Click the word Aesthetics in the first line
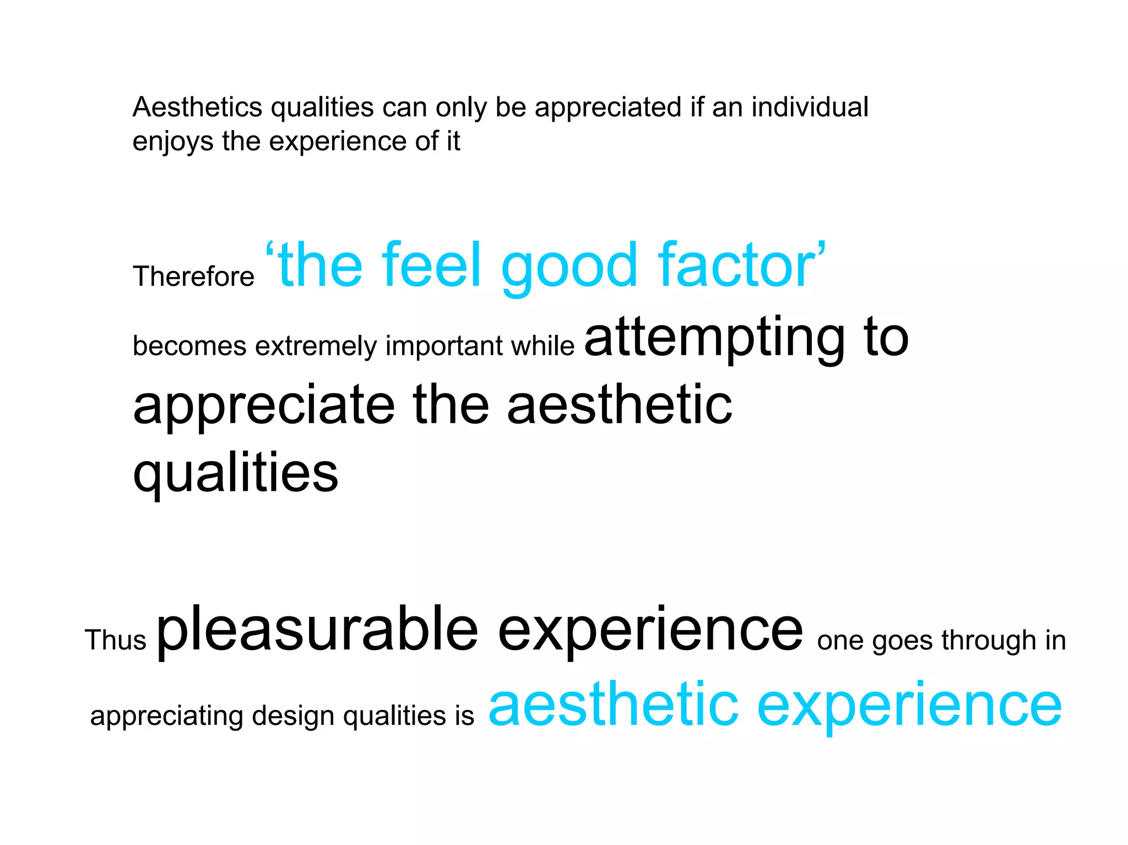(197, 107)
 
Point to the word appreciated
(608, 108)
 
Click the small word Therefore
(193, 277)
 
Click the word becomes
(189, 346)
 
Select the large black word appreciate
(264, 407)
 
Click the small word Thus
(115, 640)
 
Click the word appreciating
(166, 717)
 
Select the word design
(293, 717)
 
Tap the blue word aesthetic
(613, 706)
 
